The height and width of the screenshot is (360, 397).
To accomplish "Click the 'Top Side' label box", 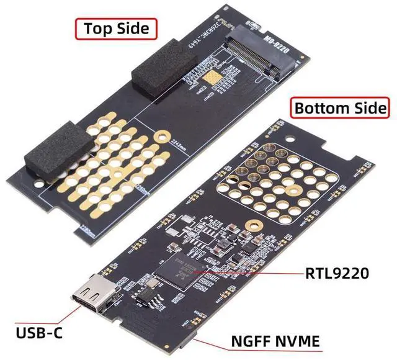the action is point(116,28).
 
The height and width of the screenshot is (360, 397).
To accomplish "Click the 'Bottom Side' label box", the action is point(341,107).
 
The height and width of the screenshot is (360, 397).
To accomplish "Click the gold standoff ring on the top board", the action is point(163,135).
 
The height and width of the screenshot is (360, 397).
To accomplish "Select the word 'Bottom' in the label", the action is point(321,107).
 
